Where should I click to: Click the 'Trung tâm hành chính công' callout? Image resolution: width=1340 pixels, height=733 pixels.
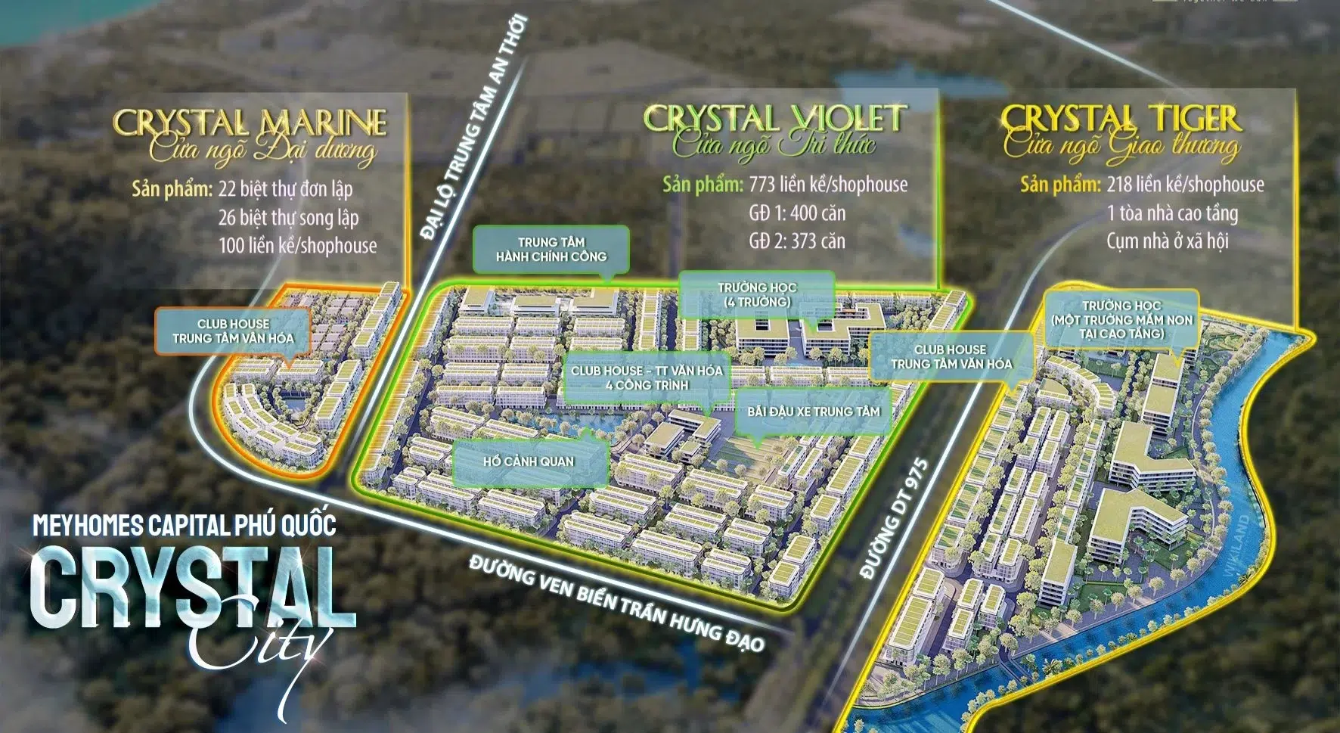pyautogui.click(x=551, y=250)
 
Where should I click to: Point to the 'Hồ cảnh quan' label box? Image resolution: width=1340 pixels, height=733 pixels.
pyautogui.click(x=529, y=461)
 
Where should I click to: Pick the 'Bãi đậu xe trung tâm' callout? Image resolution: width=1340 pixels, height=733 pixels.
pyautogui.click(x=814, y=412)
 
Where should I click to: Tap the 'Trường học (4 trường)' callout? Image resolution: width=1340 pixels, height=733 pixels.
pyautogui.click(x=757, y=294)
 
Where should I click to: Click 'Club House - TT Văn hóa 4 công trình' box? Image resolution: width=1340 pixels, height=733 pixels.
pyautogui.click(x=647, y=377)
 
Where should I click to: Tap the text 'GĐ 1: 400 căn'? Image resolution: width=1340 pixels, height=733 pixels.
pyautogui.click(x=797, y=213)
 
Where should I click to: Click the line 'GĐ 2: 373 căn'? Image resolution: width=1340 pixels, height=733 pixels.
pyautogui.click(x=797, y=241)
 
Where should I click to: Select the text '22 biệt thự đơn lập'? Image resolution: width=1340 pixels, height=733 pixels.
pyautogui.click(x=285, y=188)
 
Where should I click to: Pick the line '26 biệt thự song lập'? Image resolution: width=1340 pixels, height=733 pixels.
pyautogui.click(x=288, y=218)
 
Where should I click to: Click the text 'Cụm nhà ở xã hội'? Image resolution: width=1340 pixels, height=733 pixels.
pyautogui.click(x=1167, y=241)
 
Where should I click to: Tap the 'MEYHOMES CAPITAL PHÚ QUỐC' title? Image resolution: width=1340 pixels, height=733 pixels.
pyautogui.click(x=185, y=524)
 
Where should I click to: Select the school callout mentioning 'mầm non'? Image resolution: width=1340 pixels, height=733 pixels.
pyautogui.click(x=1121, y=319)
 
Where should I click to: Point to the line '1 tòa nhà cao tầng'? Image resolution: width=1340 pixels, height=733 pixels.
pyautogui.click(x=1172, y=213)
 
